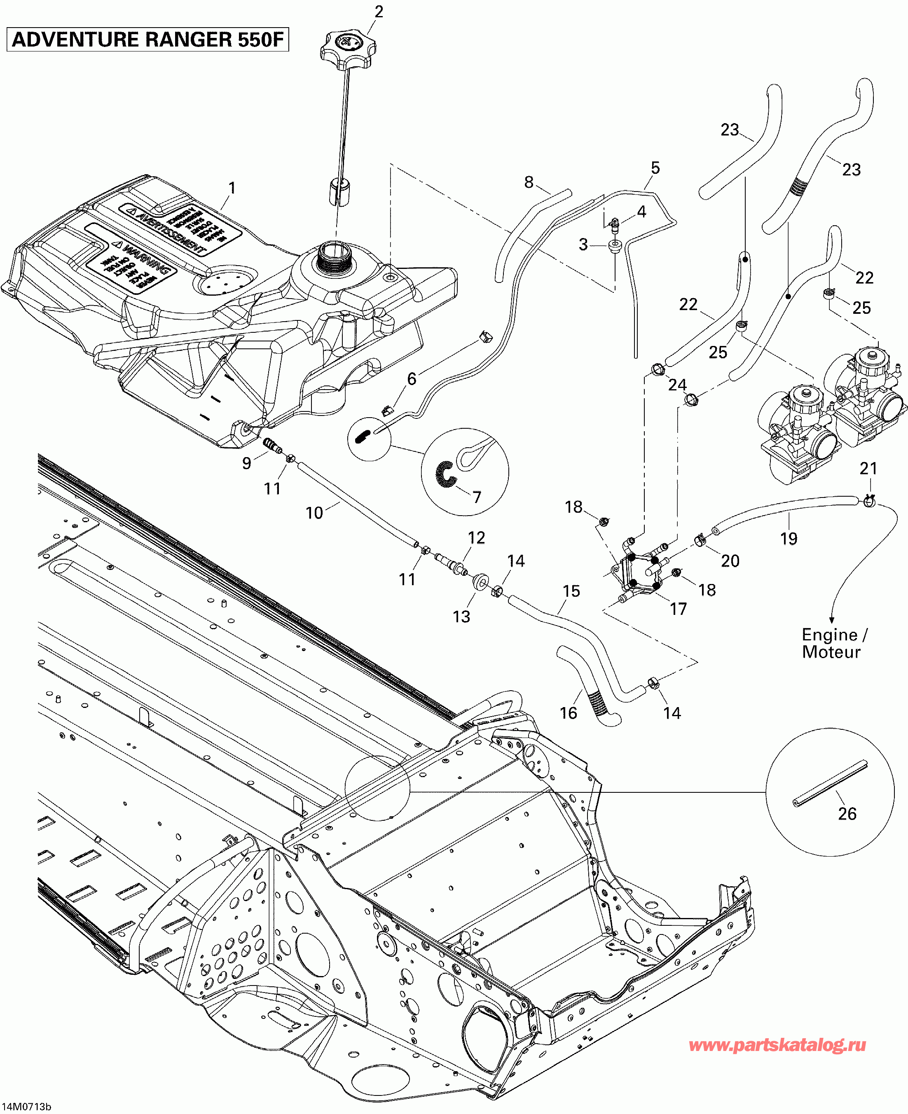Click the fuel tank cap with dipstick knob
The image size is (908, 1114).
point(347,47)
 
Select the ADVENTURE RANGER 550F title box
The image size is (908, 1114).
point(147,40)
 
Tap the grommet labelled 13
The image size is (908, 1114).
point(480,582)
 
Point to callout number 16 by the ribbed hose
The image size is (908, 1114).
point(568,713)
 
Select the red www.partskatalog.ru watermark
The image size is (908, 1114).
point(777,1045)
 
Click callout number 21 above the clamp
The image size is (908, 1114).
point(868,468)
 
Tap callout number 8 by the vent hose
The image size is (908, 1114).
point(529,182)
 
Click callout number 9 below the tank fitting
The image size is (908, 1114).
point(246,463)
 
